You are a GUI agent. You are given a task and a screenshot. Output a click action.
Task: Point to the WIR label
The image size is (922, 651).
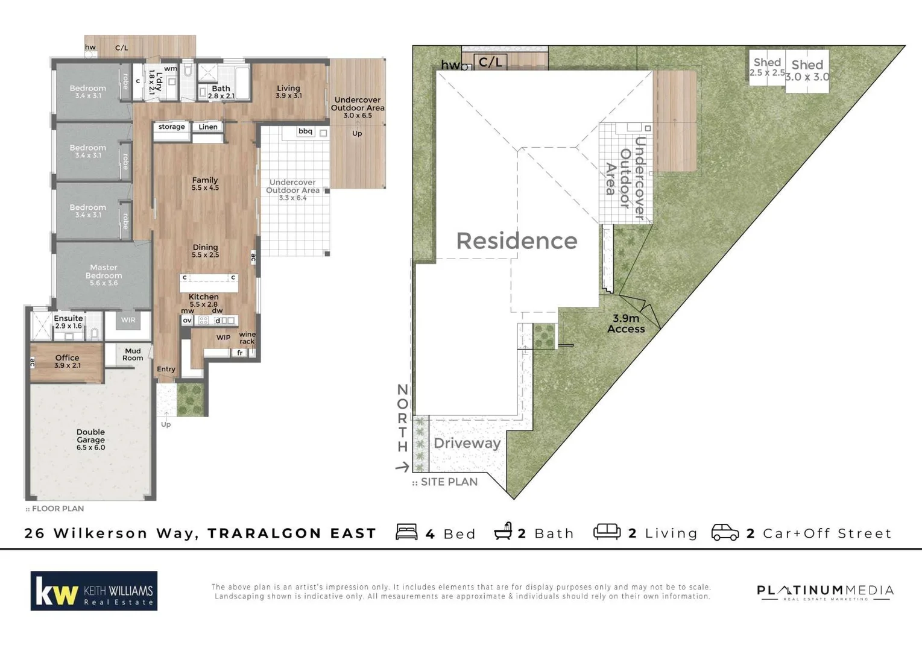(128, 320)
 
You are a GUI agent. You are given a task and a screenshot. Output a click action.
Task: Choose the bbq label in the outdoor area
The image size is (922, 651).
(306, 131)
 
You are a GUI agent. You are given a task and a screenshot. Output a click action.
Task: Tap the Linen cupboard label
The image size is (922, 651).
(208, 127)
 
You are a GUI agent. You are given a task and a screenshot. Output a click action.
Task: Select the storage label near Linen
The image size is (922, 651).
(172, 127)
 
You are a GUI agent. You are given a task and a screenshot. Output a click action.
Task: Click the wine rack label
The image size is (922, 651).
(247, 338)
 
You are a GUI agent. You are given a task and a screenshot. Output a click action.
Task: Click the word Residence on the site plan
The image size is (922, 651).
(517, 241)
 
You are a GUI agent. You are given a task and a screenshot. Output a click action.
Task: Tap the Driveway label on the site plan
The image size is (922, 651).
(467, 443)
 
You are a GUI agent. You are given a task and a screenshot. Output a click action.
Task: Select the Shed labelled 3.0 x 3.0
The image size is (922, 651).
(807, 70)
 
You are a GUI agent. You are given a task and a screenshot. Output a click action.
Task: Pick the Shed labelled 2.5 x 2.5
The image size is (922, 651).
(767, 66)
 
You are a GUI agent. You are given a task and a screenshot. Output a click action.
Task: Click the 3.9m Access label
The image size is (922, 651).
(626, 324)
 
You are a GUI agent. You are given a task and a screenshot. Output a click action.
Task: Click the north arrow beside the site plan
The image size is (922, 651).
(402, 467)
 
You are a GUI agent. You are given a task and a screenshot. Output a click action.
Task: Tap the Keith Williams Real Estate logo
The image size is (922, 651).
(94, 591)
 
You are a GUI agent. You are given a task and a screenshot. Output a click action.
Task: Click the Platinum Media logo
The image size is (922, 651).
(825, 591)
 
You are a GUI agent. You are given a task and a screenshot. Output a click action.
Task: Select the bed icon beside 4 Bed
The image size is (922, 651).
(406, 532)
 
